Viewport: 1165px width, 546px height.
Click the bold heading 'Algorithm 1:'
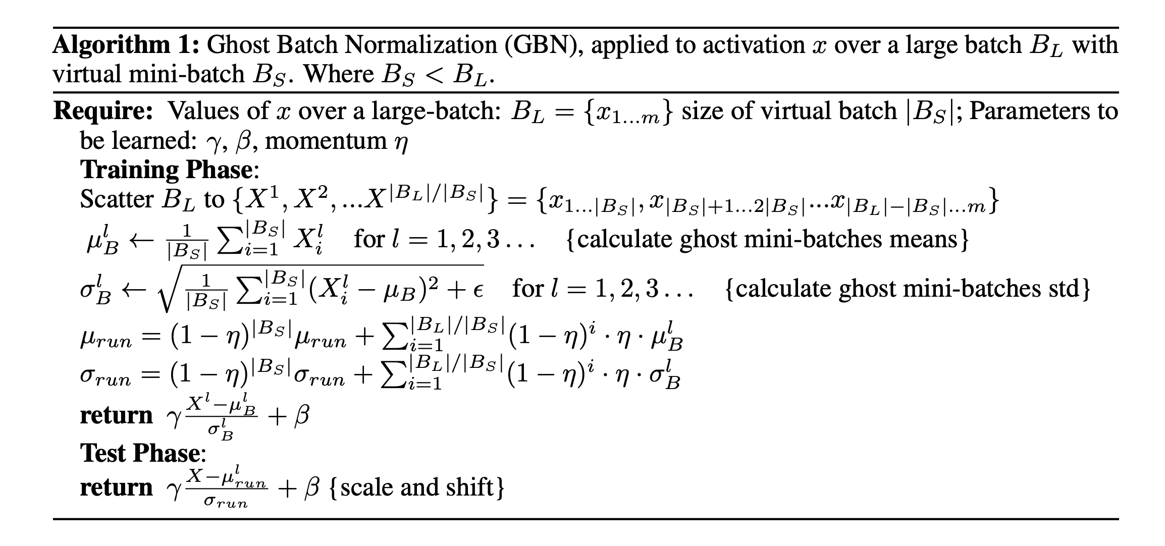(127, 46)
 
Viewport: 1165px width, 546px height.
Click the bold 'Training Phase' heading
(166, 170)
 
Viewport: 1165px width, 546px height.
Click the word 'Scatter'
(117, 199)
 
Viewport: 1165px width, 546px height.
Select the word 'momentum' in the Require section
(326, 141)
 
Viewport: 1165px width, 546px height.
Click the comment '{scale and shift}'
(417, 487)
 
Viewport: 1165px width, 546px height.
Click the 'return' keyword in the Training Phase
(117, 416)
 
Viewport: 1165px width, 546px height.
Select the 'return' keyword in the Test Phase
(117, 488)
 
